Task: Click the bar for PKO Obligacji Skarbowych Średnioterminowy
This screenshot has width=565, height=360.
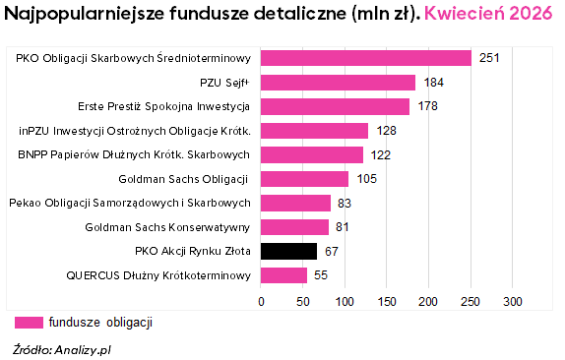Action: point(366,58)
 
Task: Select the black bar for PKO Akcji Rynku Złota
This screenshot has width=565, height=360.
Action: point(288,251)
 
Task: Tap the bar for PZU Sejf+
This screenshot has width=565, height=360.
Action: point(338,83)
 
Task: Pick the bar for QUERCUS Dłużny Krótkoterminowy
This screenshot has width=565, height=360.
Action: point(283,275)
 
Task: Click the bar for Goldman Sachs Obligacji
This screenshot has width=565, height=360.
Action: point(304,179)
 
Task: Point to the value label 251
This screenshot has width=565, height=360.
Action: point(489,58)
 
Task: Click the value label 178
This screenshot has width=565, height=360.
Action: point(428,106)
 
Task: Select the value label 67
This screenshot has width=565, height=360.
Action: point(332,251)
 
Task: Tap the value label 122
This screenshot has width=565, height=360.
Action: point(381,155)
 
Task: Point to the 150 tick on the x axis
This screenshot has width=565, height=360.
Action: point(387,302)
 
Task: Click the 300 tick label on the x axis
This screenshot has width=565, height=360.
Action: point(513,302)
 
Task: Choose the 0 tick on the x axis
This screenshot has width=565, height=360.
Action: point(261,302)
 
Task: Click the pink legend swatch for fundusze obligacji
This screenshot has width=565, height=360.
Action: point(29,323)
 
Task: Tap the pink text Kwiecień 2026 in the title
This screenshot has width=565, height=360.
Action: point(488,14)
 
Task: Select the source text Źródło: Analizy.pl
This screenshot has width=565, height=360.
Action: point(62,349)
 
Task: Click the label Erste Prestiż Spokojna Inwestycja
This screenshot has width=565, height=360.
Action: point(164,106)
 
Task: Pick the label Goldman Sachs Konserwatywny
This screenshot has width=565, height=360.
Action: point(167,227)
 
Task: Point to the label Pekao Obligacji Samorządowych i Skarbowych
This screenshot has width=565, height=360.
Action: point(130,203)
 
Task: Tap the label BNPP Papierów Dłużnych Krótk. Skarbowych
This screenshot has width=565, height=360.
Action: point(134,154)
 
